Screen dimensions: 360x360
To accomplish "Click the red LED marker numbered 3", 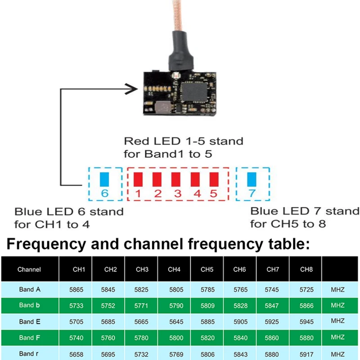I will (x=176, y=179).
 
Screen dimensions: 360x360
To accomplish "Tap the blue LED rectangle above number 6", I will (x=105, y=179).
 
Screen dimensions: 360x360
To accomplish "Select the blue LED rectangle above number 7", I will (x=252, y=179).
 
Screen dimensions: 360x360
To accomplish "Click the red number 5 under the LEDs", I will (x=213, y=194).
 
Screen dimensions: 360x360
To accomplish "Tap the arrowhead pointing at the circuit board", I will (x=131, y=89).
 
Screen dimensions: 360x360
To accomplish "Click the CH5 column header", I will (x=207, y=270).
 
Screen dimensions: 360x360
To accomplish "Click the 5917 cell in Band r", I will (x=306, y=354).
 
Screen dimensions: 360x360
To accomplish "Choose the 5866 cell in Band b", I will (x=306, y=306).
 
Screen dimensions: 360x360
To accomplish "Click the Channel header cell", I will (x=29, y=270).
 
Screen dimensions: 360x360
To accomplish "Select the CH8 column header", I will (x=306, y=270).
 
